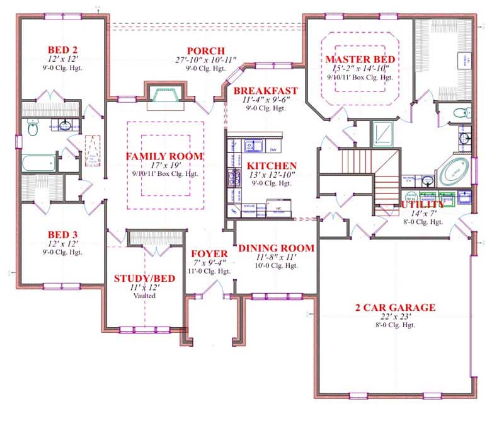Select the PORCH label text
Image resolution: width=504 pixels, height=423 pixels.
(205, 50)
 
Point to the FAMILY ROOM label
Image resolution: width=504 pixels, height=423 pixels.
(164, 156)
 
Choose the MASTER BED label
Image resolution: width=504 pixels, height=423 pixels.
(357, 59)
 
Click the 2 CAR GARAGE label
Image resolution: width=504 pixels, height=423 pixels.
(394, 308)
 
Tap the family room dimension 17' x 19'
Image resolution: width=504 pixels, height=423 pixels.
(164, 166)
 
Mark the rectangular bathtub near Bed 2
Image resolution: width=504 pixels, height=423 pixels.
(39, 163)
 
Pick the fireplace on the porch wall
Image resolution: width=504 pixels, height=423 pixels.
(165, 95)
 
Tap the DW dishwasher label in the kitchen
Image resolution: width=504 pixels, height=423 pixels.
(273, 150)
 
